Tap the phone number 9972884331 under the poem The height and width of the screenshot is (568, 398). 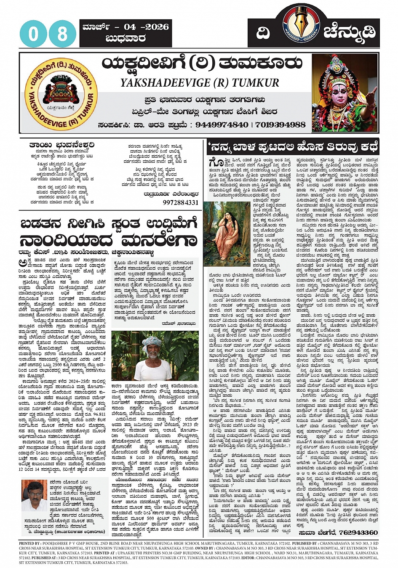180,202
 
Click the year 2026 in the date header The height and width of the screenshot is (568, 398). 157,27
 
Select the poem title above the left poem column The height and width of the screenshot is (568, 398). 61,145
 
